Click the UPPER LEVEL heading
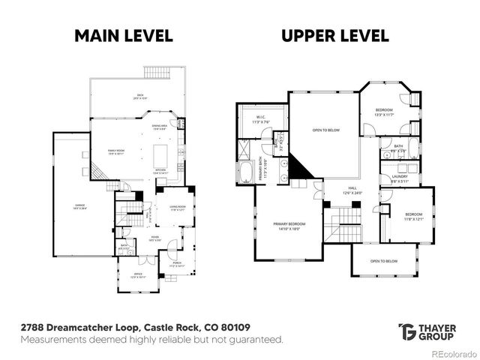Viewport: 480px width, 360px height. [x=334, y=35]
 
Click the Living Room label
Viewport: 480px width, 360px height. [x=177, y=208]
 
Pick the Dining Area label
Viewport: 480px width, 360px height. [x=159, y=127]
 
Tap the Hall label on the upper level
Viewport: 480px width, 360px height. [x=351, y=190]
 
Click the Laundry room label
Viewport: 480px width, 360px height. [x=400, y=178]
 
